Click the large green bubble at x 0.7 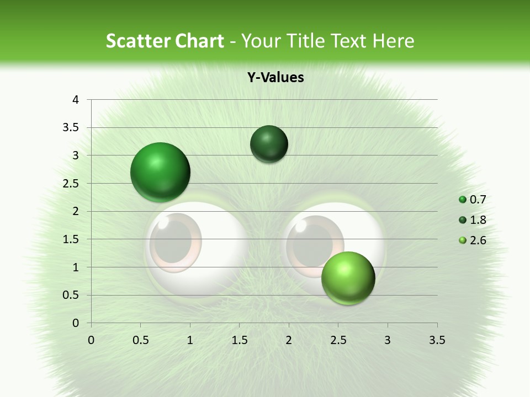pyautogui.click(x=160, y=172)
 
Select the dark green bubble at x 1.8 pyautogui.click(x=269, y=144)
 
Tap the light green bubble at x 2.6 pyautogui.click(x=348, y=278)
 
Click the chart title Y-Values pyautogui.click(x=275, y=77)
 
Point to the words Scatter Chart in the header pyautogui.click(x=165, y=41)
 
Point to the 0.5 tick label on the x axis pyautogui.click(x=140, y=340)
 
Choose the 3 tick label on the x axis pyautogui.click(x=388, y=340)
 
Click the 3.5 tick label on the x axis pyautogui.click(x=437, y=340)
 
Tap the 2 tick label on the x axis pyautogui.click(x=289, y=340)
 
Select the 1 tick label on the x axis pyautogui.click(x=190, y=340)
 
